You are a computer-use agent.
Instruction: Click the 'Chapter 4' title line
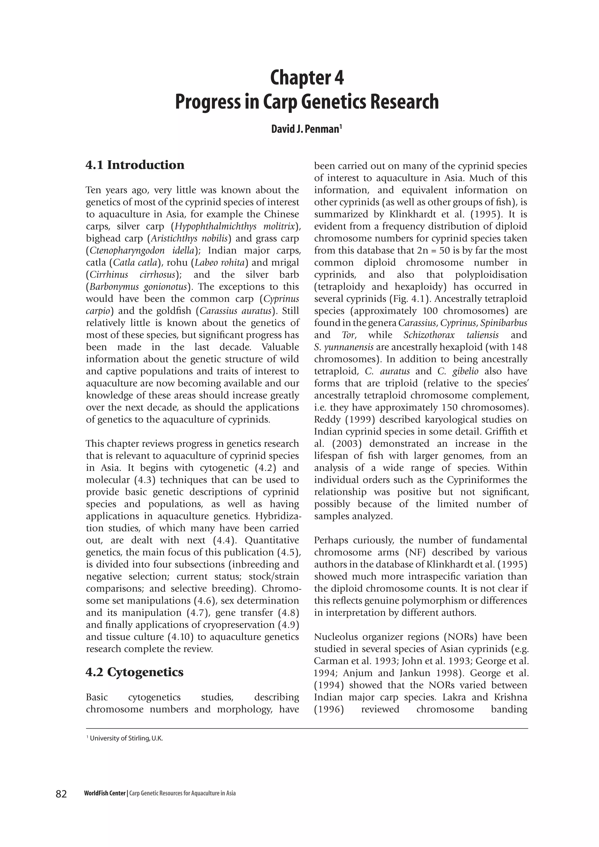[307, 78]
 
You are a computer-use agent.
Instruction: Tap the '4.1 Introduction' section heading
[135, 165]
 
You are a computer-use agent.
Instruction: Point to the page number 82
[61, 793]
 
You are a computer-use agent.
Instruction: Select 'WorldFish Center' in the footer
[105, 793]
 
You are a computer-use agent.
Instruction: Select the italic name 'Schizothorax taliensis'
[451, 335]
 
